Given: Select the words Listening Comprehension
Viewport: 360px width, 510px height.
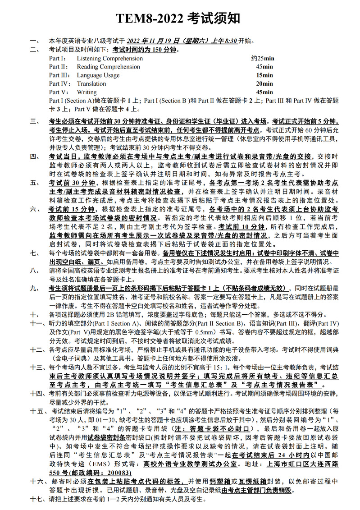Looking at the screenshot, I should click(109, 59).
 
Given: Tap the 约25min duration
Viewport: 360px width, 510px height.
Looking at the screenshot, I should click(263, 59).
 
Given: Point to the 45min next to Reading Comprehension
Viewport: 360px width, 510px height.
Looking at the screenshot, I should click(264, 67).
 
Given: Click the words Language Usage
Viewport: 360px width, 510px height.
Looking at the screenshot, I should click(98, 75).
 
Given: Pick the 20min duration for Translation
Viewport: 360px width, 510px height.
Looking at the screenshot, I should click(264, 83).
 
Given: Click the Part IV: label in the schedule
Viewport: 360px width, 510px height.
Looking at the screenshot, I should click(60, 83).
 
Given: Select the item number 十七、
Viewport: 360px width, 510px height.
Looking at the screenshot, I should click(37, 499).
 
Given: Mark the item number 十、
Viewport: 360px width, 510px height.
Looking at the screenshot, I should click(35, 315).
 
